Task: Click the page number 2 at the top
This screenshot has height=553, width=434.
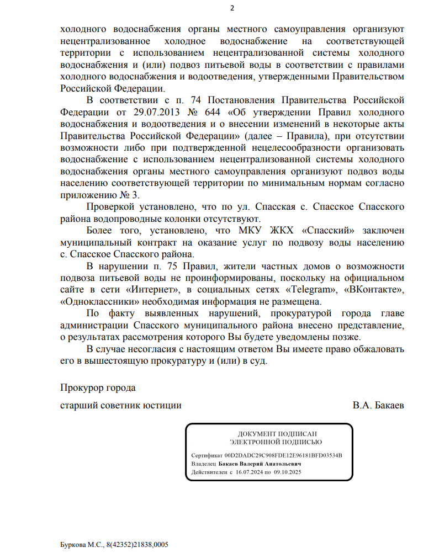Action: point(232,8)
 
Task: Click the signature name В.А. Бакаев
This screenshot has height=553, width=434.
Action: point(378,405)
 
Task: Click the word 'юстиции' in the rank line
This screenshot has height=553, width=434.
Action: point(164,405)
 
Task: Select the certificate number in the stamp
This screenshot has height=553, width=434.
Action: point(283,456)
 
